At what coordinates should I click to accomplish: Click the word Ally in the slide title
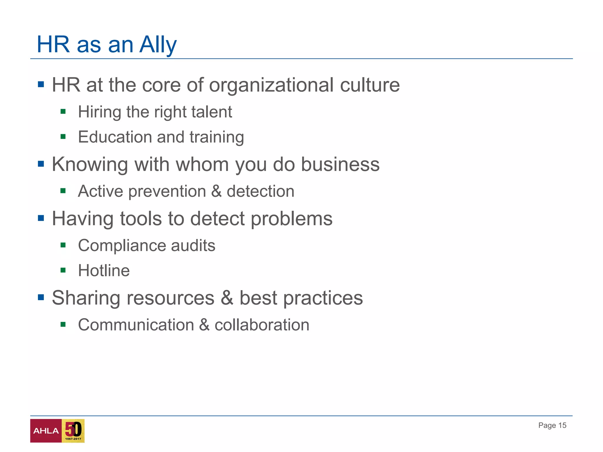158,45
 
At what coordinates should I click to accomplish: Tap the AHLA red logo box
46,431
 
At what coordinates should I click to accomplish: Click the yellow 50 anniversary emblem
73,431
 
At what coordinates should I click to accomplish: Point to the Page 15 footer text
552,425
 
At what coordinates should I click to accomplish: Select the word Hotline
104,270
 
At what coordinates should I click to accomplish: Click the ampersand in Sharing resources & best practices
227,298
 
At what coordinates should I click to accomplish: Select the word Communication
136,325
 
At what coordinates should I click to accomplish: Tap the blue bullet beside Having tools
41,218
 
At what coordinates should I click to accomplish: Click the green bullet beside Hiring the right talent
63,112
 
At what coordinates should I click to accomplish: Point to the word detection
260,191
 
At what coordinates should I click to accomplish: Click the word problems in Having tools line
291,219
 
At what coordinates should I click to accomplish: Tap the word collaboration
262,325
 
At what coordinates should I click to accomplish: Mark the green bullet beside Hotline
63,270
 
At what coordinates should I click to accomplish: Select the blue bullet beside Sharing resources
41,298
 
